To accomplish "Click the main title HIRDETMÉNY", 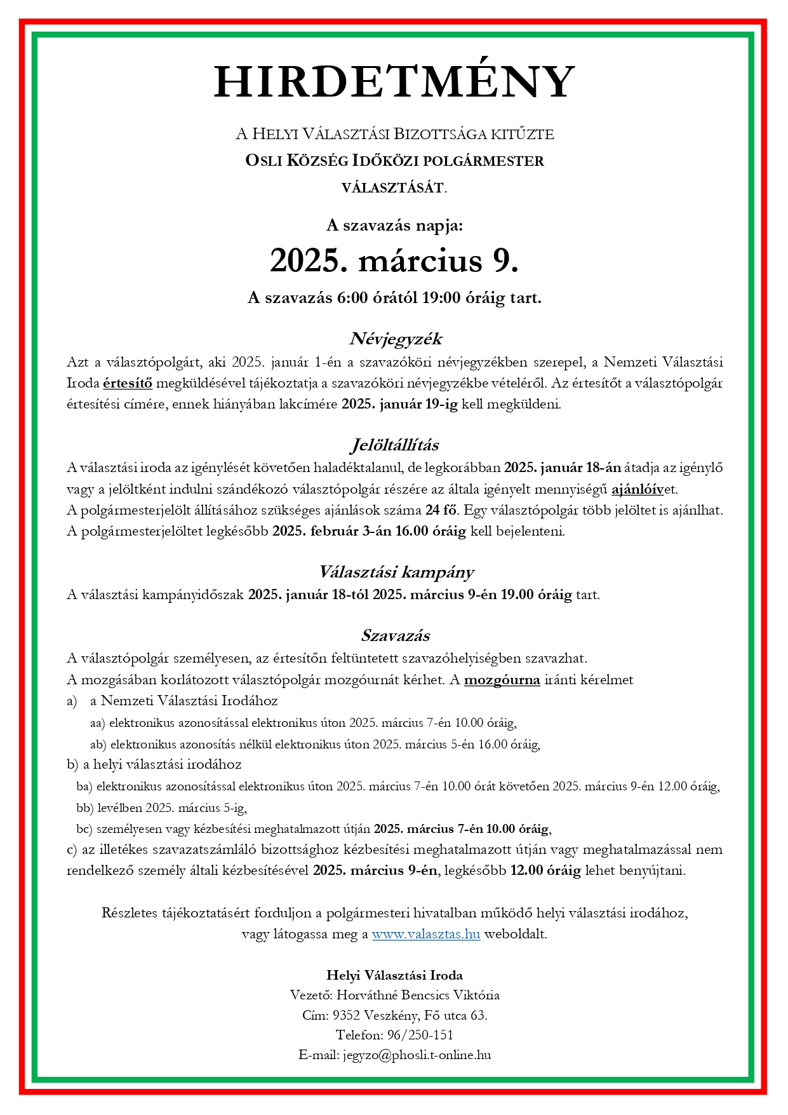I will [394, 83].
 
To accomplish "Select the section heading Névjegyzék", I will [395, 338].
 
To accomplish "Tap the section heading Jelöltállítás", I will [394, 445].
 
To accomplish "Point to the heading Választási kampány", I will [396, 572].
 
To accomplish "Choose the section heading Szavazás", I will [395, 635].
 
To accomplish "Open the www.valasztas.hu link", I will [425, 934].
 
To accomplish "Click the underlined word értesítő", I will [128, 383].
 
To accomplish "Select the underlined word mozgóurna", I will [502, 680].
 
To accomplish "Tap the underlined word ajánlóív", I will [637, 489].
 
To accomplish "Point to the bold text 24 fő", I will [441, 510].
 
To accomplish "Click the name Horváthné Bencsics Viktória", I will [418, 994].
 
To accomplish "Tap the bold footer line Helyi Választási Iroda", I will [394, 975].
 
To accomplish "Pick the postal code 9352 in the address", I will [346, 1015].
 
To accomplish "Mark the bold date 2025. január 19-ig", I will [399, 404].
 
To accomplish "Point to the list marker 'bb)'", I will [84, 808].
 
